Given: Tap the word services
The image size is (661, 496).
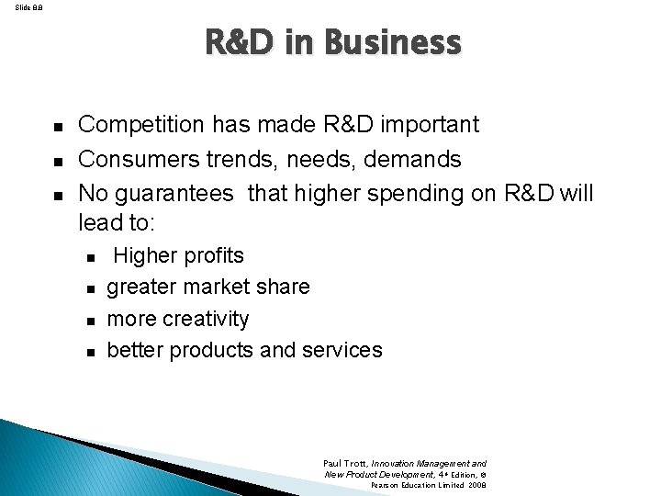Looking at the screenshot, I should coord(341,350).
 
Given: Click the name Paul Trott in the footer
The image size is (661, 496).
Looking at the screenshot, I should coord(344,465).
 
